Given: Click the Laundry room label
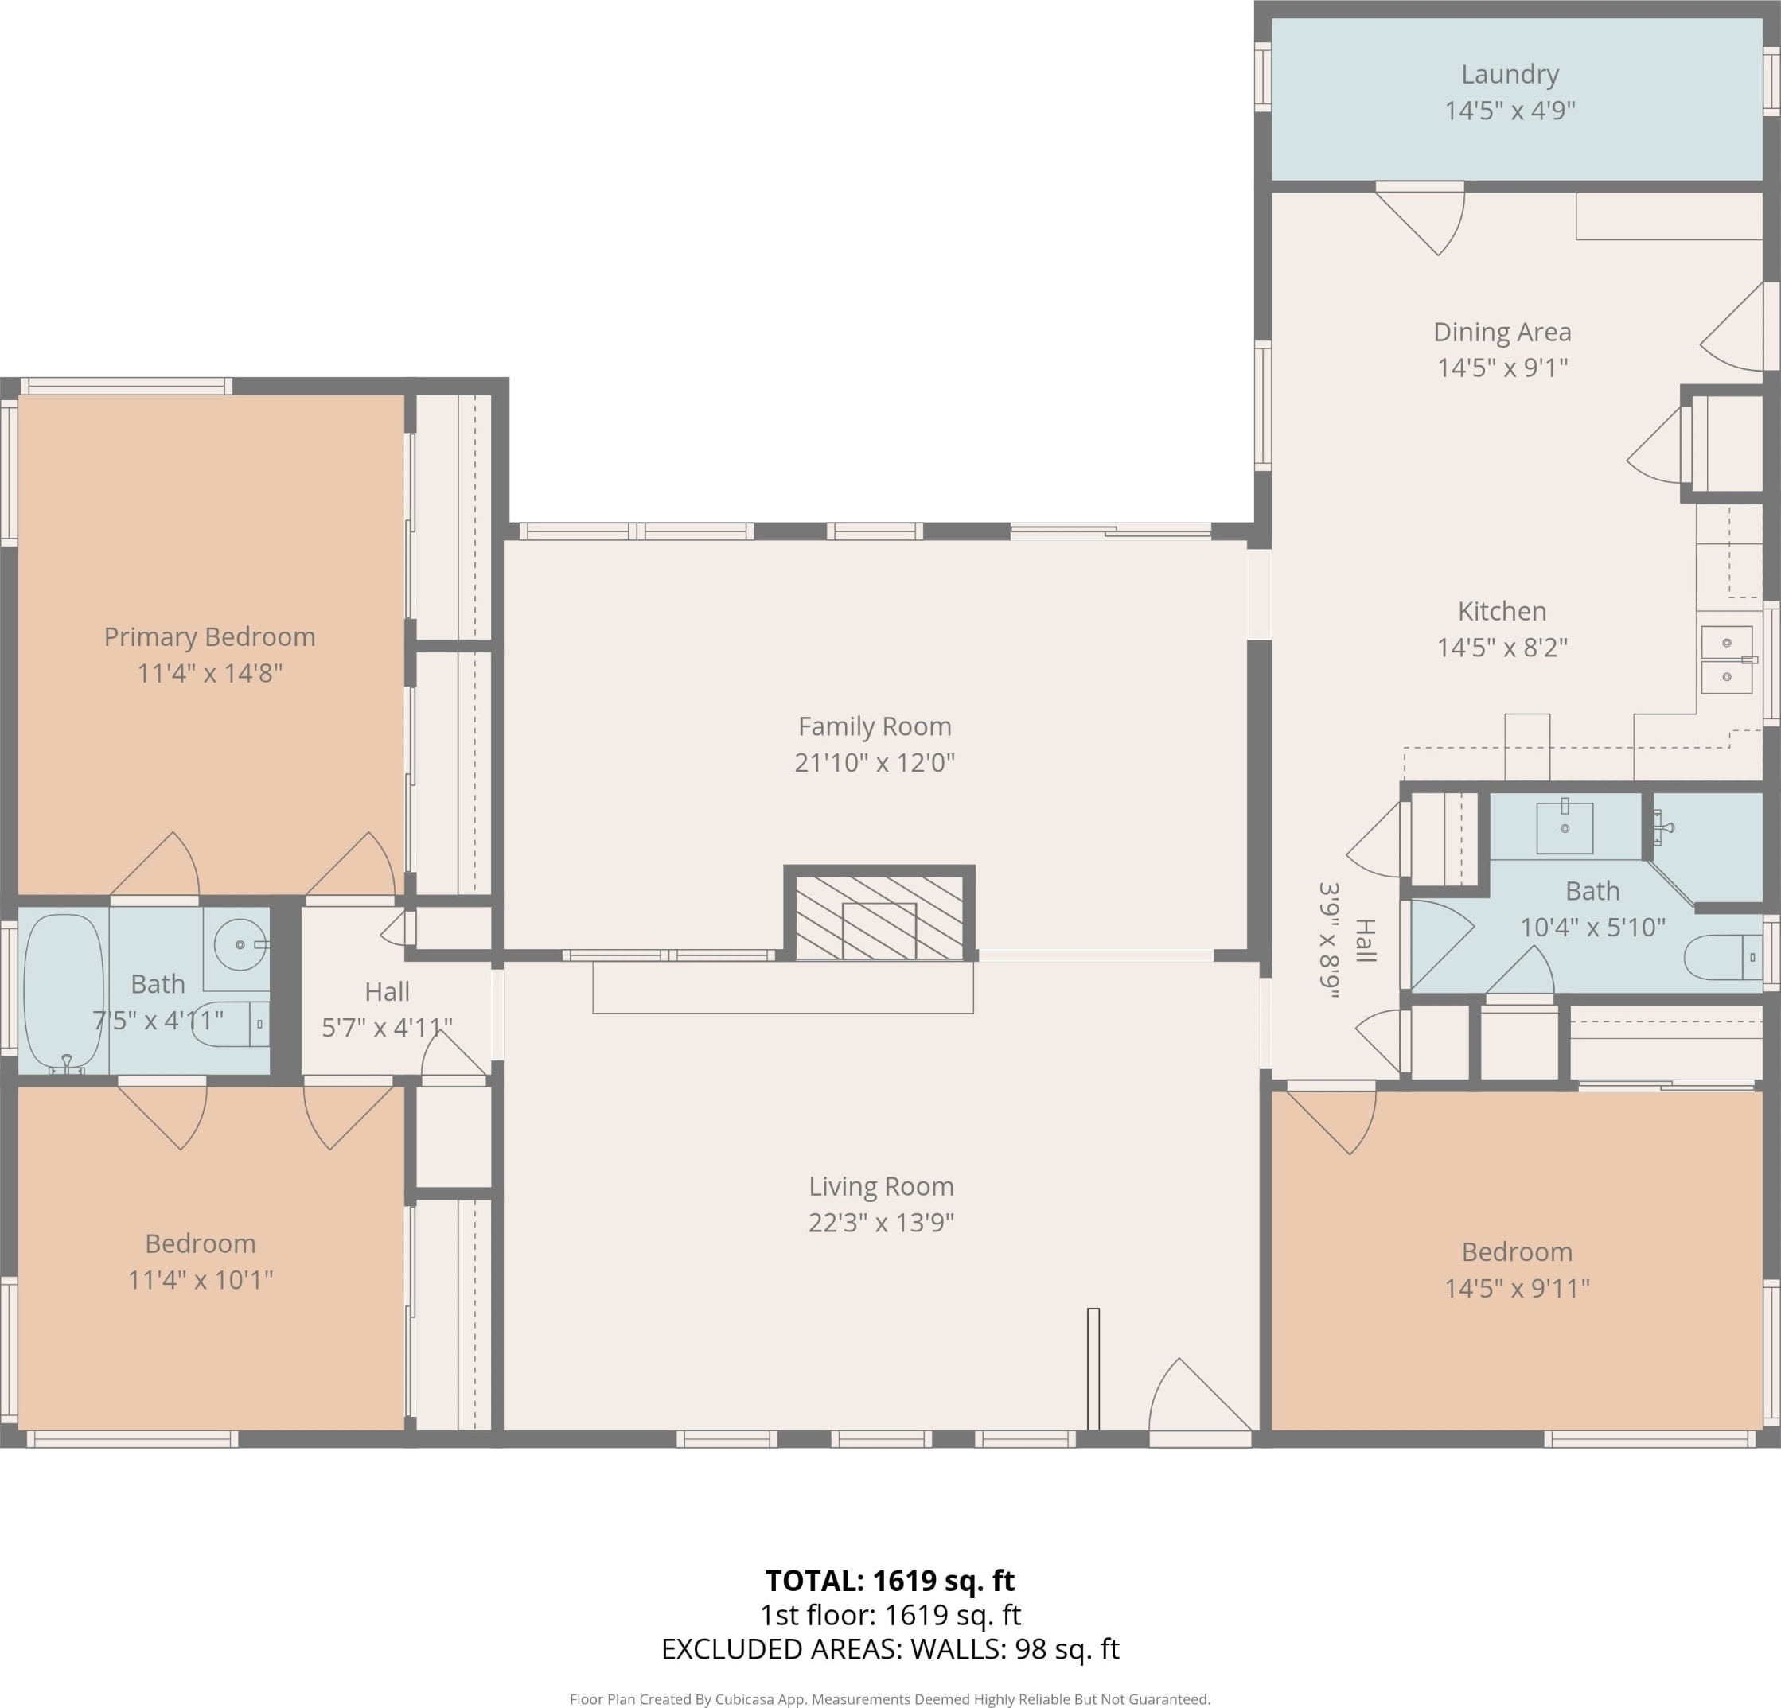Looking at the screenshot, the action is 1510,75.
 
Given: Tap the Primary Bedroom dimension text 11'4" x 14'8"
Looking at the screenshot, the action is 210,673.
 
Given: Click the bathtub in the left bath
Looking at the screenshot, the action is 64,991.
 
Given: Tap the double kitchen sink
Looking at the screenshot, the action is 1726,659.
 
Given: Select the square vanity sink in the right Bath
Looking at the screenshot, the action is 1565,827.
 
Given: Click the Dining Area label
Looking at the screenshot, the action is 1502,333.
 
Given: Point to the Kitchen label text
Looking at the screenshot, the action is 1502,612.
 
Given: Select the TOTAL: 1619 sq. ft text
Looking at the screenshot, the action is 890,1581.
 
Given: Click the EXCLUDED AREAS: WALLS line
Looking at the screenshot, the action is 890,1649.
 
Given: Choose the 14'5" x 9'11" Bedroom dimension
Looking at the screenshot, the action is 1518,1288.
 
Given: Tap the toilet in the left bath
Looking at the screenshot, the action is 231,1025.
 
